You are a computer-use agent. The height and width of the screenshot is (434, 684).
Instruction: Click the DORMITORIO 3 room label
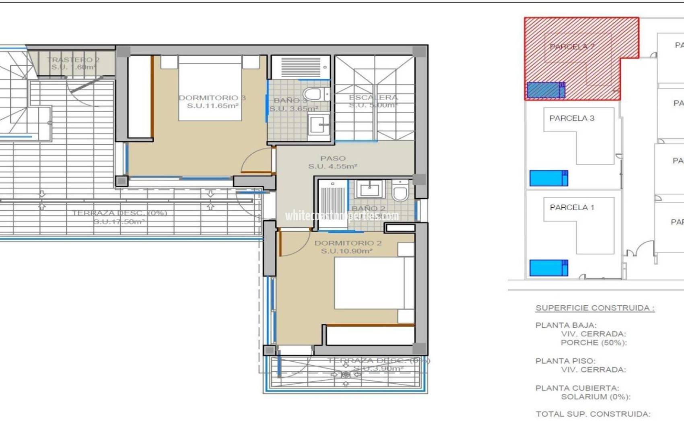[212, 98]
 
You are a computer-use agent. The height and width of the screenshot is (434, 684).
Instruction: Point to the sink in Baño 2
[369, 189]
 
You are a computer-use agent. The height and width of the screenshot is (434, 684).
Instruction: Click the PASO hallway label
[333, 158]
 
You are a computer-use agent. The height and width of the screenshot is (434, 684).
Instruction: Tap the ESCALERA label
[373, 97]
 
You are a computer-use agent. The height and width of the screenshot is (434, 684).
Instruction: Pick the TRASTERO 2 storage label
[73, 59]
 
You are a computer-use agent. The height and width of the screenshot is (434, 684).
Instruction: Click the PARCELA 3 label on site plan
[572, 118]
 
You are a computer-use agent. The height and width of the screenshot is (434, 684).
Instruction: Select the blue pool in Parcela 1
[548, 268]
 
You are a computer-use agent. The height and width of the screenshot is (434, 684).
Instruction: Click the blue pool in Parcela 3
[548, 178]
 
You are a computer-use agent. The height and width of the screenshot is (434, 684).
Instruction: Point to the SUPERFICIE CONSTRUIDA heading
[595, 308]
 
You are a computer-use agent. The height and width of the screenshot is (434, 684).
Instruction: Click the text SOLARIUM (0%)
[595, 397]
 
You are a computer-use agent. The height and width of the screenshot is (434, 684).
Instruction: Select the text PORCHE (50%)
[594, 343]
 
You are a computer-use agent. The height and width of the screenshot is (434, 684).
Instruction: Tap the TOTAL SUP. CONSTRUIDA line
[593, 414]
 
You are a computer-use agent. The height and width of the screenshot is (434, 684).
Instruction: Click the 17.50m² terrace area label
[119, 221]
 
